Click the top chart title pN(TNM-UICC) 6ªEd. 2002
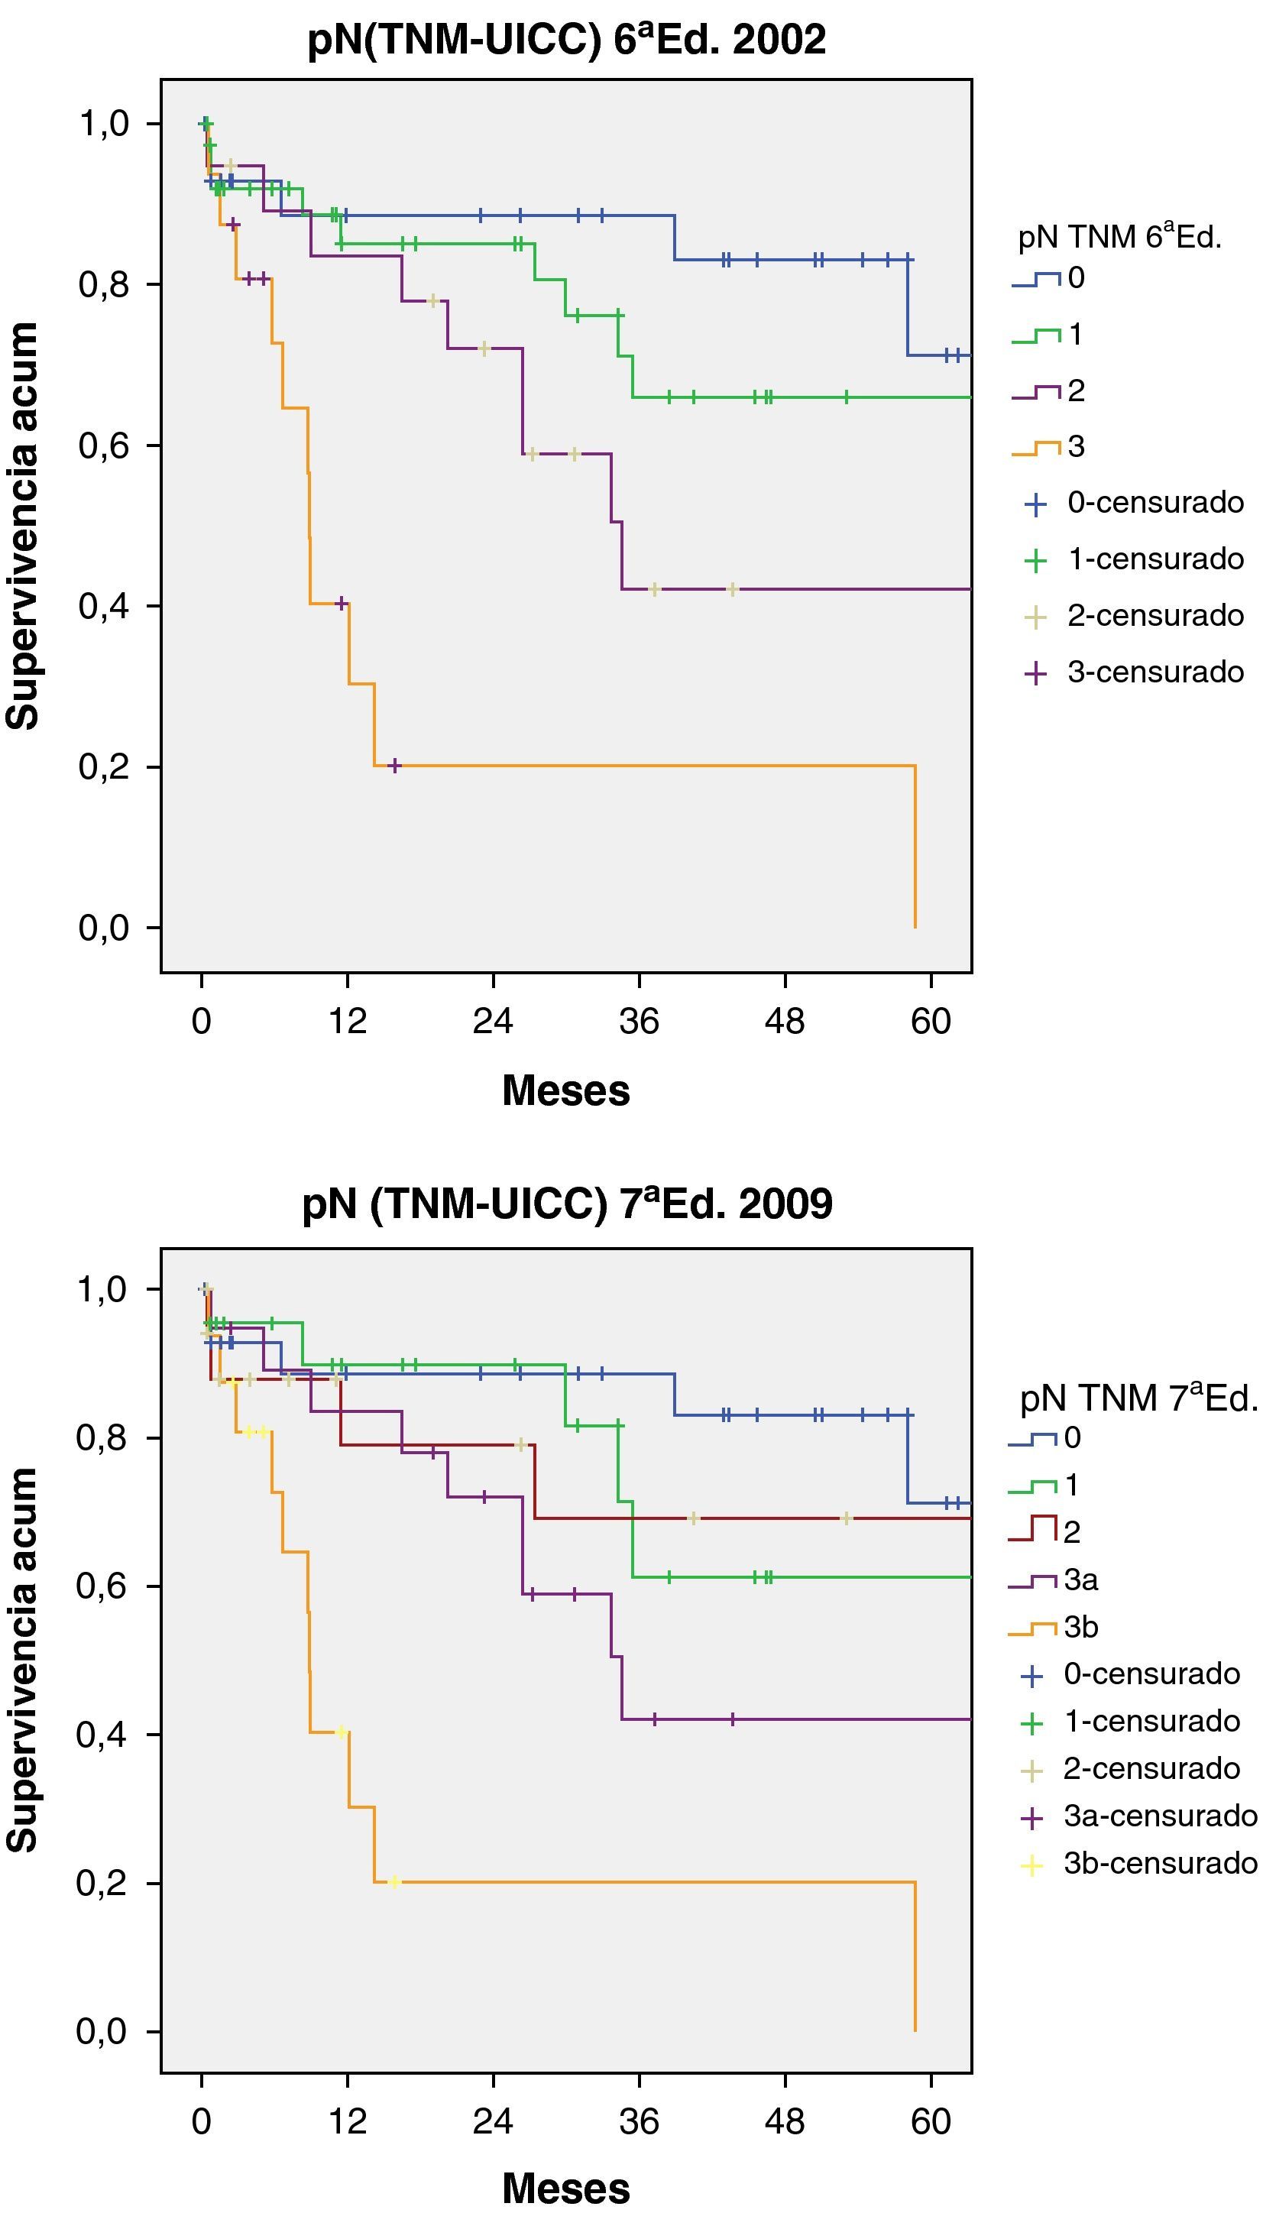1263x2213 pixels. (x=566, y=40)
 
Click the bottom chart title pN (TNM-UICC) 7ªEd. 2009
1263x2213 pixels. (x=566, y=1204)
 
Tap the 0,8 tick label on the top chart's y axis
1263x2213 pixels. (x=104, y=284)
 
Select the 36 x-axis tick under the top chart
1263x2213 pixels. (x=640, y=1021)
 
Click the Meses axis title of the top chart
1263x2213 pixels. (x=565, y=1090)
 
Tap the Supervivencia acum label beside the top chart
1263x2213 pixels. (x=24, y=526)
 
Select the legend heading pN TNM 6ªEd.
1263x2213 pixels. (x=1120, y=236)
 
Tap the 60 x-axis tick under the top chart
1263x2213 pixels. (x=931, y=1021)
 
